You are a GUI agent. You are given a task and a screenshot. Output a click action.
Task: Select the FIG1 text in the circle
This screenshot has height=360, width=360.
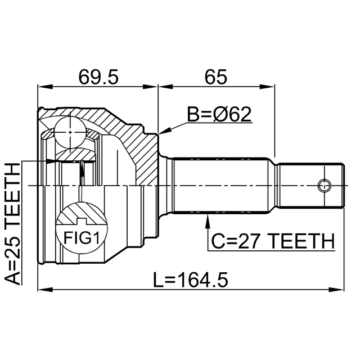click(x=80, y=238)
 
